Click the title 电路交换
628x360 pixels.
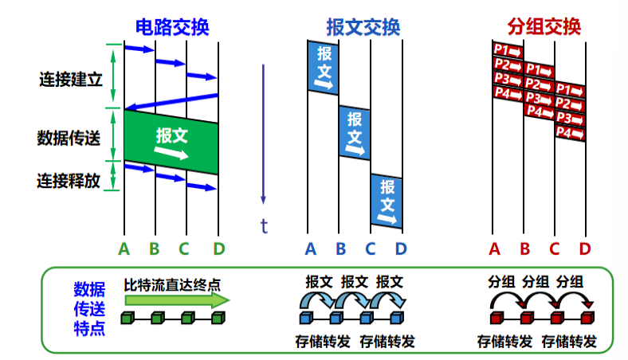pyautogui.click(x=171, y=27)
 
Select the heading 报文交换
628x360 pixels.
pyautogui.click(x=363, y=27)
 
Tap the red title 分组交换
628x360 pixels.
pyautogui.click(x=544, y=27)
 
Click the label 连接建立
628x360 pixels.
pyautogui.click(x=70, y=80)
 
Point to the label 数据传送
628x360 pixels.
pyautogui.click(x=69, y=137)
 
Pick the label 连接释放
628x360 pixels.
pyautogui.click(x=69, y=180)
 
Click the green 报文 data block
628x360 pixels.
pyautogui.click(x=171, y=142)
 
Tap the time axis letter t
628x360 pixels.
pyautogui.click(x=265, y=225)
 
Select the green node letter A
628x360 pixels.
pyautogui.click(x=124, y=248)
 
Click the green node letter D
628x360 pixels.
pyautogui.click(x=218, y=248)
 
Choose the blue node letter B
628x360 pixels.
pyautogui.click(x=340, y=248)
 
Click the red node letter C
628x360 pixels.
pyautogui.click(x=555, y=248)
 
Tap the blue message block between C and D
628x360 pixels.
pyautogui.click(x=387, y=199)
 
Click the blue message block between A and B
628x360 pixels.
pyautogui.click(x=324, y=66)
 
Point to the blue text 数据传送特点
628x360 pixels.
pyautogui.click(x=88, y=308)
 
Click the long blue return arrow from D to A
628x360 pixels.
pyautogui.click(x=171, y=102)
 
